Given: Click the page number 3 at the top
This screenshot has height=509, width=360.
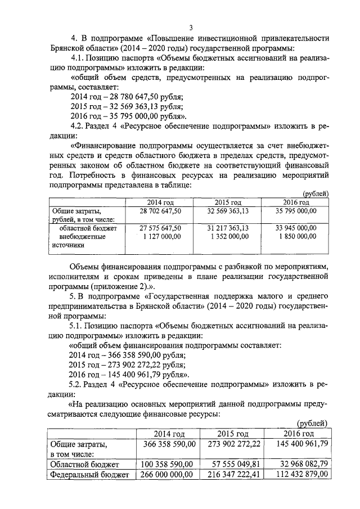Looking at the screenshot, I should [191, 28].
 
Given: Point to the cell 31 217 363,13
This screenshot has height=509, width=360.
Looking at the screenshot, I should [228, 228].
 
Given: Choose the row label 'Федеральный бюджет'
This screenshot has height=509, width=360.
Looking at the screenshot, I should [89, 475].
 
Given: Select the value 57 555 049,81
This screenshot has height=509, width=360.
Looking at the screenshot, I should [233, 464].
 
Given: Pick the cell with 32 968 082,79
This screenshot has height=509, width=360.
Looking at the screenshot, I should [301, 464].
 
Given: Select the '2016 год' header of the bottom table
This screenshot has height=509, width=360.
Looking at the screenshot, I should [298, 433].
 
